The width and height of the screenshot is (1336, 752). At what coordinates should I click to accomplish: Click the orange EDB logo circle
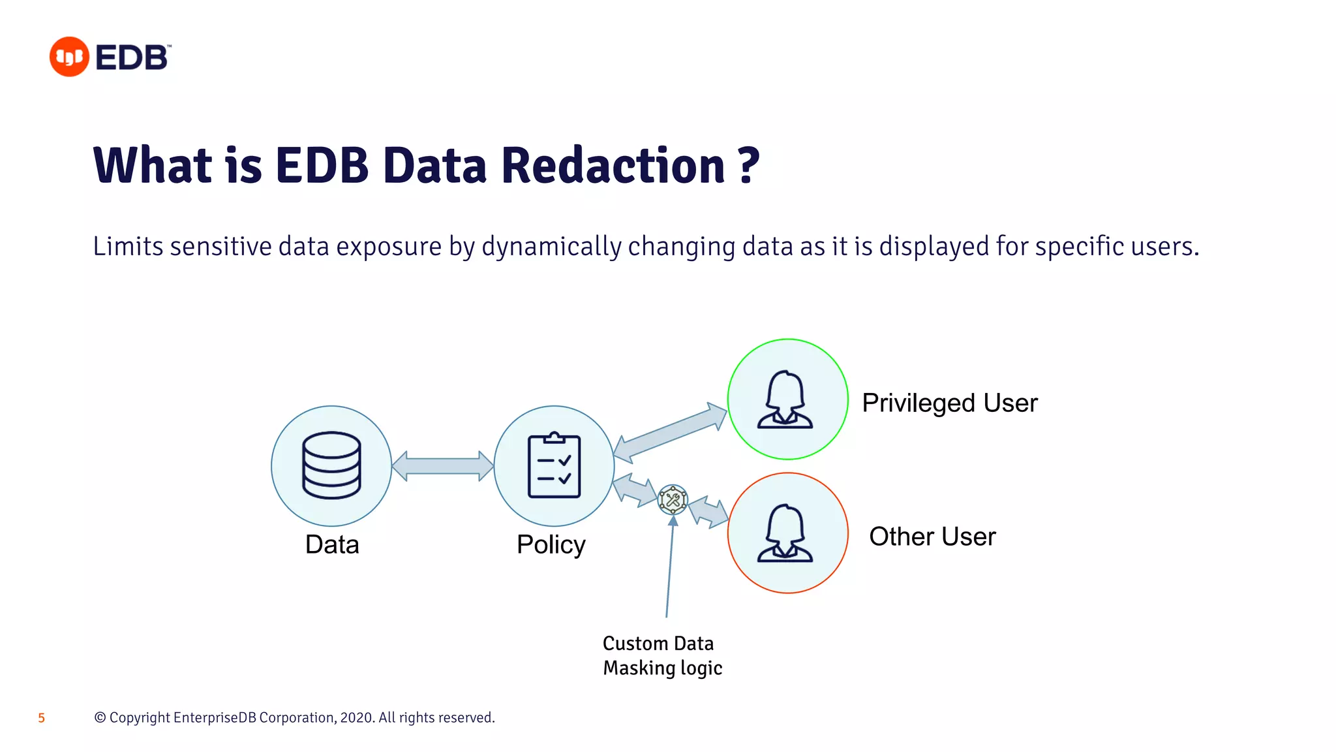(x=69, y=57)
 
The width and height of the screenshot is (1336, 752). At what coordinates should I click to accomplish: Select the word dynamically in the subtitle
(x=551, y=247)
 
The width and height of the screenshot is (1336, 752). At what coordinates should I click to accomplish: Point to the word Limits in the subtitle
(x=128, y=247)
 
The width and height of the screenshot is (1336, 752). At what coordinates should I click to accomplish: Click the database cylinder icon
(x=331, y=465)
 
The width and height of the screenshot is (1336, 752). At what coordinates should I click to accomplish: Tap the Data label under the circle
(x=332, y=544)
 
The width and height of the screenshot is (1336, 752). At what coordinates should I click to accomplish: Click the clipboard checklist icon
(x=554, y=465)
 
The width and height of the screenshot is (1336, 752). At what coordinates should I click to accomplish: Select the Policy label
(x=551, y=544)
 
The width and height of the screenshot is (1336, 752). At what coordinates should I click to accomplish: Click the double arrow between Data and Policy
(x=442, y=466)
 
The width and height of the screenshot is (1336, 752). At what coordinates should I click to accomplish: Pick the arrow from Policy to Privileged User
(x=670, y=433)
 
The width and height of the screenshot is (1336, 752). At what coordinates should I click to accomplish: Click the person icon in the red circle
(x=785, y=533)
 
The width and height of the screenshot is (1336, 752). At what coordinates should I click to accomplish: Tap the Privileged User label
(x=949, y=403)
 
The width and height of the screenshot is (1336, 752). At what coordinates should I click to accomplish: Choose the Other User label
(x=932, y=537)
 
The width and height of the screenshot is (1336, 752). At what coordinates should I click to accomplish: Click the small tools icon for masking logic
(x=673, y=500)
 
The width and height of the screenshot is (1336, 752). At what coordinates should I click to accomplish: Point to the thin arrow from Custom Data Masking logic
(x=669, y=568)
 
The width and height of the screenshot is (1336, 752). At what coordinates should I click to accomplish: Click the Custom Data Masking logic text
(x=661, y=655)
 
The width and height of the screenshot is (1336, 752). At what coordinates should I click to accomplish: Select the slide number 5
(x=42, y=718)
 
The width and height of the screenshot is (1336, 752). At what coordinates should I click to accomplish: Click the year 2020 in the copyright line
(x=356, y=718)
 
